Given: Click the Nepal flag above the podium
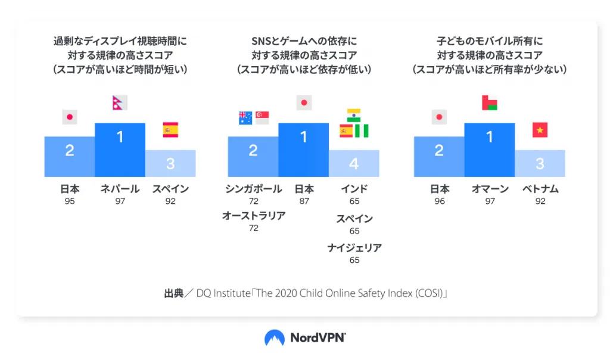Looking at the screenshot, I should (120, 103).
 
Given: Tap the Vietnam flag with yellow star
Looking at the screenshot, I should (540, 130).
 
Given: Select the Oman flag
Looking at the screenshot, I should (490, 103).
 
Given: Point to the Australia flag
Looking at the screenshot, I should (245, 117).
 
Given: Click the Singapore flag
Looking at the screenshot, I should (262, 117).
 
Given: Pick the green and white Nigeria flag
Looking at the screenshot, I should (362, 131).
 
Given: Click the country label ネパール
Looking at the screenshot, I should (120, 189).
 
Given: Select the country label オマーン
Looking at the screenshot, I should (490, 189).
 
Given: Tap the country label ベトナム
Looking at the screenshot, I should (540, 189).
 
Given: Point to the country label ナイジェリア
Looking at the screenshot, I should (354, 248).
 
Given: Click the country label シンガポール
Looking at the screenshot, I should (253, 189).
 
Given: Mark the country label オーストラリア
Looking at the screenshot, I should (253, 216).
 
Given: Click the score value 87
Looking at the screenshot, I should (304, 201).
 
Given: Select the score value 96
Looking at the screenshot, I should (439, 201).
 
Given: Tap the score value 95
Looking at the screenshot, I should (70, 201).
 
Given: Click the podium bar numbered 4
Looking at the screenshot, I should (354, 163).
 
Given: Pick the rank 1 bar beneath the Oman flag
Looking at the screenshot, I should (490, 150).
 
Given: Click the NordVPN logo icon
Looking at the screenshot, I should (275, 338).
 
